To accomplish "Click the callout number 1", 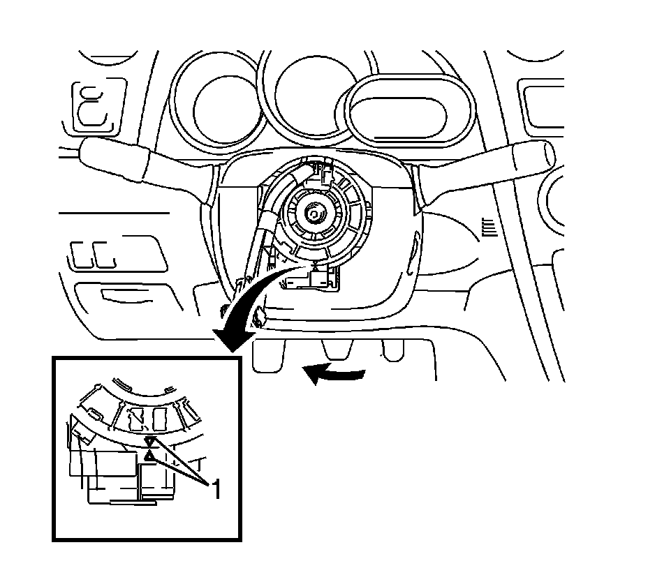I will [216, 489].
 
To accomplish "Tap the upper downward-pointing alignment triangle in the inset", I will [149, 442].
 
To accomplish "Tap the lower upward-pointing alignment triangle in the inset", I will [149, 456].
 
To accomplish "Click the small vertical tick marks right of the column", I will [489, 226].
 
